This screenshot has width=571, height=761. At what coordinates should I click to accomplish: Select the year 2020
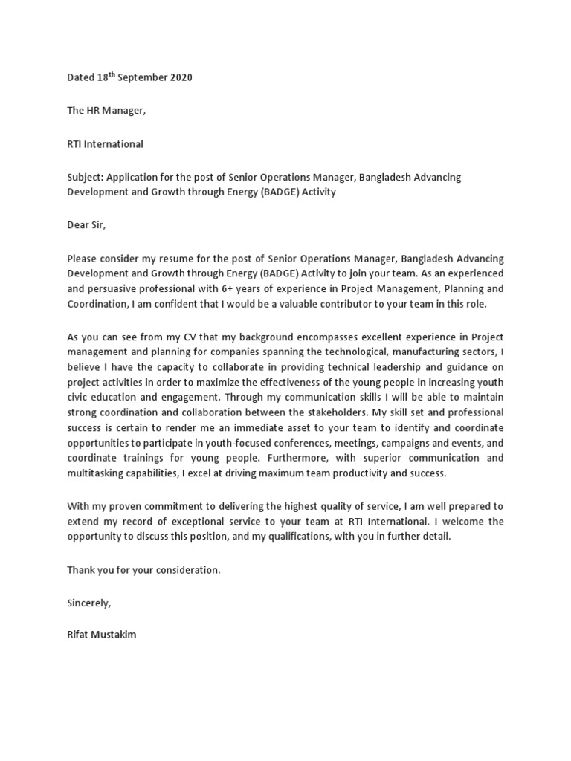[x=179, y=78]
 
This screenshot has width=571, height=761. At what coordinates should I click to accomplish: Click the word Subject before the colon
[x=86, y=177]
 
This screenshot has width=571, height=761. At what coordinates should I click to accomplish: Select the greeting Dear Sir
[x=87, y=225]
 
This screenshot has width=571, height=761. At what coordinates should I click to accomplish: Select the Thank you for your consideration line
[x=143, y=569]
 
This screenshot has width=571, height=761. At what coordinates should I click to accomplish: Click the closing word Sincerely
[x=88, y=602]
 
